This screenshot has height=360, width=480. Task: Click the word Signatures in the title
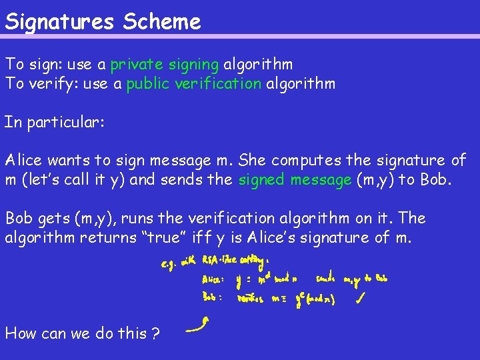pyautogui.click(x=60, y=23)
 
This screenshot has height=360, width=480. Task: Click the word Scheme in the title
pyautogui.click(x=161, y=22)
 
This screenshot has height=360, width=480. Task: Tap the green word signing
pyautogui.click(x=194, y=65)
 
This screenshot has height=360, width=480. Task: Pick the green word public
pyautogui.click(x=147, y=84)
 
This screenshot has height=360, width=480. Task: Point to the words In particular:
pyautogui.click(x=54, y=123)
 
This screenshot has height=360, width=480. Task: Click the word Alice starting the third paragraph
pyautogui.click(x=25, y=160)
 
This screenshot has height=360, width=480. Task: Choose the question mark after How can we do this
pyautogui.click(x=155, y=333)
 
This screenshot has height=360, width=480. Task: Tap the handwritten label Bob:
pyautogui.click(x=213, y=298)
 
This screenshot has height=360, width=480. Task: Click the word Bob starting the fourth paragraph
pyautogui.click(x=19, y=219)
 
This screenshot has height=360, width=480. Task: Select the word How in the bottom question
pyautogui.click(x=21, y=333)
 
